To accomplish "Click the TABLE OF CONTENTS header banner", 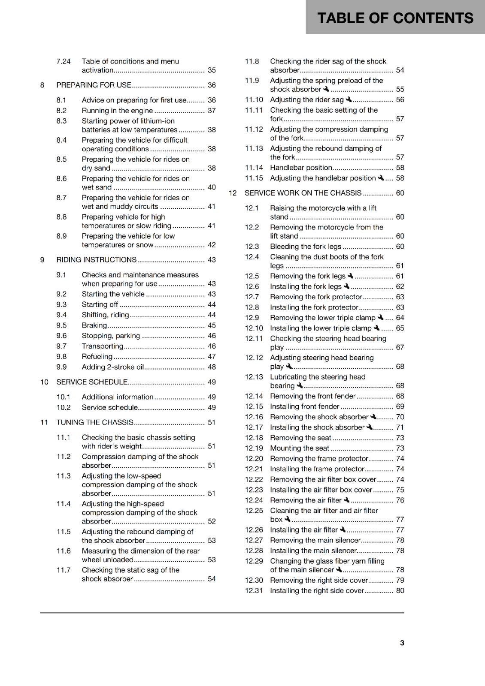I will click(x=395, y=18).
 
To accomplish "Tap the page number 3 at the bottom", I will click(x=402, y=643).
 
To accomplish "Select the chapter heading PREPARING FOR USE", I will click(x=94, y=85).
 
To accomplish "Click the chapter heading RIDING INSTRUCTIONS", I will click(x=97, y=260).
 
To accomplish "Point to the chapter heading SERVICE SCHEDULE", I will click(x=92, y=382).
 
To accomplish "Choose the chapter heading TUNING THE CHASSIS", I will click(x=95, y=422).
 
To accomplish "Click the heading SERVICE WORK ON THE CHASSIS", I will click(x=303, y=193).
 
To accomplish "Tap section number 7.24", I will click(x=64, y=61).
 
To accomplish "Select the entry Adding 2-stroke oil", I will click(x=113, y=367).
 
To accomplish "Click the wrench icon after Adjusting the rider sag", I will click(x=349, y=99).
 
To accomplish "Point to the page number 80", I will click(x=400, y=590).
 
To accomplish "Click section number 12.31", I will click(x=254, y=590).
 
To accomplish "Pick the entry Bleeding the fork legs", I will click(x=306, y=247).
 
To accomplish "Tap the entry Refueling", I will click(x=97, y=357).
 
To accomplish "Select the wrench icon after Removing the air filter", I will click(x=347, y=500).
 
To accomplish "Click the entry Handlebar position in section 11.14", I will click(x=301, y=168).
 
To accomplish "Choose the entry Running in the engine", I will click(x=117, y=111).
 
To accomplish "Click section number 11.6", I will click(x=64, y=551).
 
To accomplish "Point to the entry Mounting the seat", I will click(x=300, y=448).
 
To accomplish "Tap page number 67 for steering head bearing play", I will click(x=400, y=347).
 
